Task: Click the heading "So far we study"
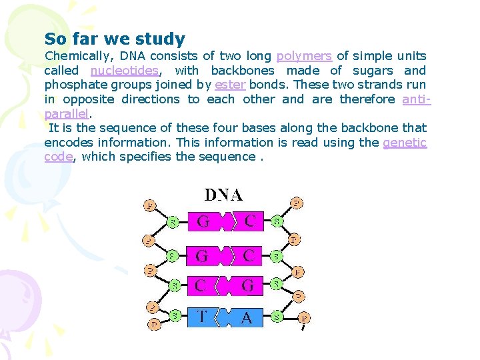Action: pyautogui.click(x=115, y=39)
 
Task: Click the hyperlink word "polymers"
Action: pyautogui.click(x=304, y=56)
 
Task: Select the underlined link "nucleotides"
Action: pyautogui.click(x=125, y=71)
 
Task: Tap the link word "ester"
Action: pyautogui.click(x=229, y=85)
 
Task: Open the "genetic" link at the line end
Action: pyautogui.click(x=405, y=142)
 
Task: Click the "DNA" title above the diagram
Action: pyautogui.click(x=223, y=195)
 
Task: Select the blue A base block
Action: pyautogui.click(x=247, y=317)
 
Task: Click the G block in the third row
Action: pyautogui.click(x=248, y=286)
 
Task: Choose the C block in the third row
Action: pyautogui.click(x=200, y=286)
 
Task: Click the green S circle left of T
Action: pyautogui.click(x=174, y=315)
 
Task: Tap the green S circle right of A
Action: pyautogui.click(x=276, y=317)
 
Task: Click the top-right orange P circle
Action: pyautogui.click(x=297, y=203)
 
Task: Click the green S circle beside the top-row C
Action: pyautogui.click(x=276, y=220)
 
